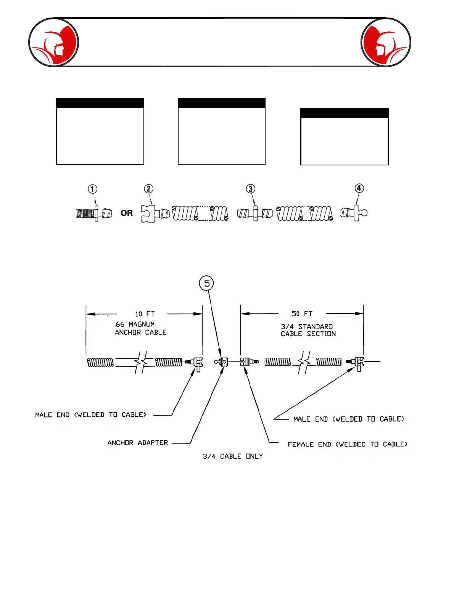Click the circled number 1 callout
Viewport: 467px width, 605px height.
[x=92, y=189]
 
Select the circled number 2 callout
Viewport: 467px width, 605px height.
[x=148, y=189]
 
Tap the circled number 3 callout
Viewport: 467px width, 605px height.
[x=250, y=189]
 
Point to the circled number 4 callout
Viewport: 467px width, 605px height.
[x=359, y=188]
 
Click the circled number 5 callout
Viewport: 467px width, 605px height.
[x=207, y=283]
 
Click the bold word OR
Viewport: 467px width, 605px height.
[x=127, y=213]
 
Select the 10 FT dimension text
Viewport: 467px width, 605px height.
[x=145, y=314]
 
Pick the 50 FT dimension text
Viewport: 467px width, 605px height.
[x=302, y=314]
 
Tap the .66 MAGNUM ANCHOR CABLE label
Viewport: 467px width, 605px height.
[x=140, y=328]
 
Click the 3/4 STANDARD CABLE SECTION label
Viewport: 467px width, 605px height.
[x=308, y=330]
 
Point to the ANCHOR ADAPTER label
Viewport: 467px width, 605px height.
[x=138, y=443]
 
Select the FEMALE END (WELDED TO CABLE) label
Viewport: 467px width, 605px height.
[x=347, y=444]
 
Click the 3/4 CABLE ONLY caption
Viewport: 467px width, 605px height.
[x=233, y=456]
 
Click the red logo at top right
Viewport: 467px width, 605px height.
[x=386, y=42]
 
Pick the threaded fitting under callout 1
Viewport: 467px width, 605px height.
[x=94, y=213]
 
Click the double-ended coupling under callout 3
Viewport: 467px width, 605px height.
[x=255, y=213]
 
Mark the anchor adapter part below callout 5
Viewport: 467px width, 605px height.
[x=222, y=361]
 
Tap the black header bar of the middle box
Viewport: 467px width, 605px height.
[x=222, y=103]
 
